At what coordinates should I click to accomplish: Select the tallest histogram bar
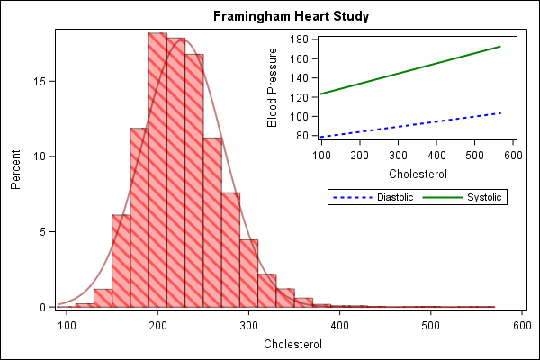[x=157, y=171]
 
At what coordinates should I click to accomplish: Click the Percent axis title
[x=15, y=169]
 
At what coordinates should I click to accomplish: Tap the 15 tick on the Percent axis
[x=41, y=81]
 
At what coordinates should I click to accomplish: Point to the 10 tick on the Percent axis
[x=41, y=157]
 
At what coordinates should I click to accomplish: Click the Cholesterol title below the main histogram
[x=292, y=344]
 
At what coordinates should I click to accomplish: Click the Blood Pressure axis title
[x=273, y=88]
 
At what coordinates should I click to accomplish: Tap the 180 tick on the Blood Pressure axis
[x=301, y=40]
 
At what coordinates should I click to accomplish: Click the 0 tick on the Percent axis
[x=44, y=308]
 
